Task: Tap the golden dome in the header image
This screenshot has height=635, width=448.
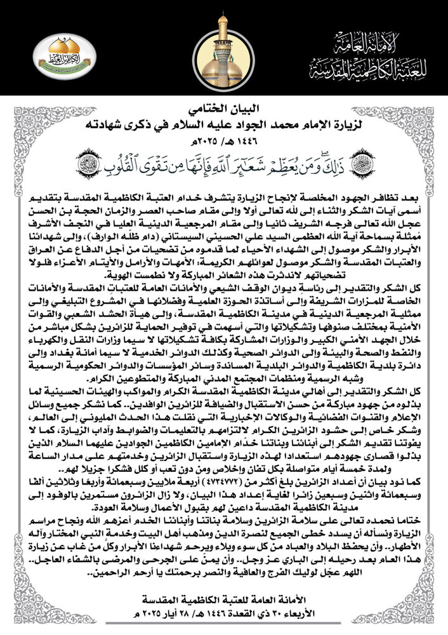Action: (221, 64)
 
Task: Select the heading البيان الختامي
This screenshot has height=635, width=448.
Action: (224, 105)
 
